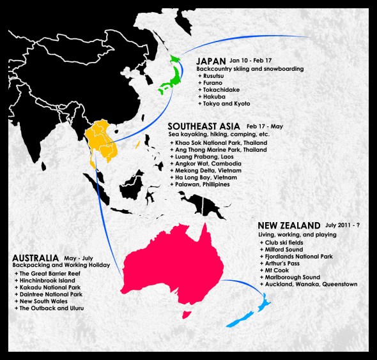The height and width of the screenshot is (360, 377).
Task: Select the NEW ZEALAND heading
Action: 288,225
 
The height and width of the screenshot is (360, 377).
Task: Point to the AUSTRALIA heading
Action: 35,257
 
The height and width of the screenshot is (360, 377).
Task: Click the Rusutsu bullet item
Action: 216,75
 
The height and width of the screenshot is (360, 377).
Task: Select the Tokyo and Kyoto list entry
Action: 227,103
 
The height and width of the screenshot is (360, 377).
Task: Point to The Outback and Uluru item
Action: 51,308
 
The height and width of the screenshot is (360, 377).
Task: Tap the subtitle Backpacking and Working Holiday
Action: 61,265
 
